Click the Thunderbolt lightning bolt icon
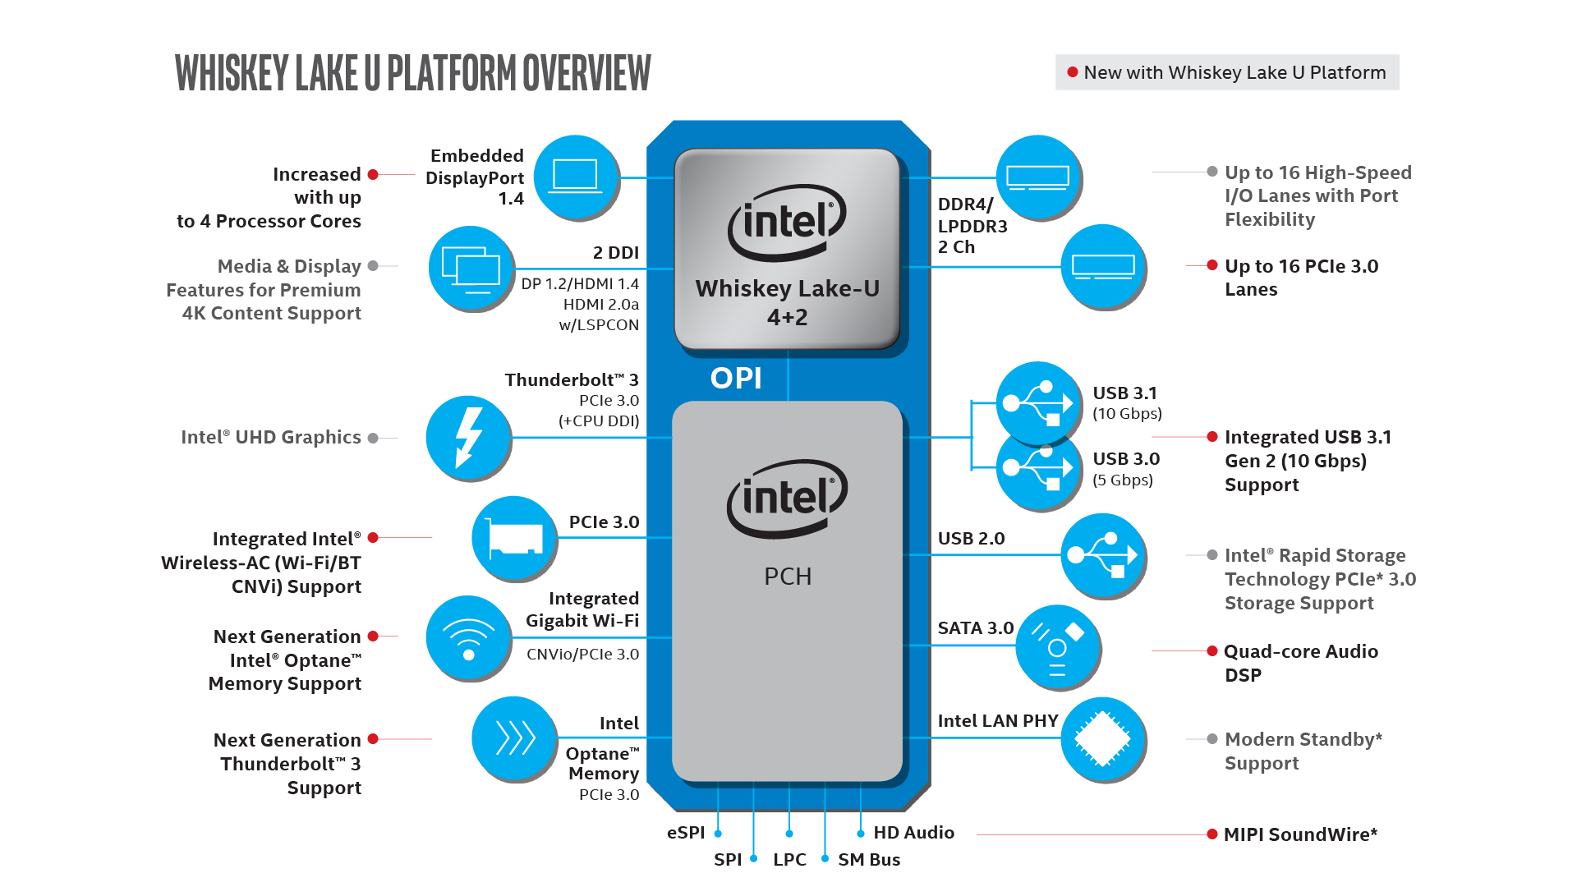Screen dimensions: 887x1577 click(468, 438)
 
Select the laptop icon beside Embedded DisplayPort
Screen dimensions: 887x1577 click(576, 177)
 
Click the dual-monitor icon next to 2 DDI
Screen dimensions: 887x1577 click(471, 269)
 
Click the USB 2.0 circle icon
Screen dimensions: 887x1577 click(1103, 556)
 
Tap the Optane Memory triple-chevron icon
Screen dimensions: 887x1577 click(514, 738)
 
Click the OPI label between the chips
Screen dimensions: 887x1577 click(736, 379)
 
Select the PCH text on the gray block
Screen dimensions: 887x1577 click(788, 577)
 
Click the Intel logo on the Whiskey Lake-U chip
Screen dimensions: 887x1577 click(787, 222)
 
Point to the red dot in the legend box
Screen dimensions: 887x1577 click(1072, 72)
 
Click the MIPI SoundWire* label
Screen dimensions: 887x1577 click(1299, 834)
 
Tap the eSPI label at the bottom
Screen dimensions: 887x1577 click(686, 833)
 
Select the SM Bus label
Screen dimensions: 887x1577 click(869, 860)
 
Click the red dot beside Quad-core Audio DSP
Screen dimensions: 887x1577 click(1211, 651)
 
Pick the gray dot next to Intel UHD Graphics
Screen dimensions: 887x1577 click(373, 438)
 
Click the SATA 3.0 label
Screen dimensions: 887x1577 click(976, 628)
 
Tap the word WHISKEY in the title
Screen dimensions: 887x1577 click(232, 73)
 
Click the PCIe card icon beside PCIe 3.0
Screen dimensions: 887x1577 click(514, 538)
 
